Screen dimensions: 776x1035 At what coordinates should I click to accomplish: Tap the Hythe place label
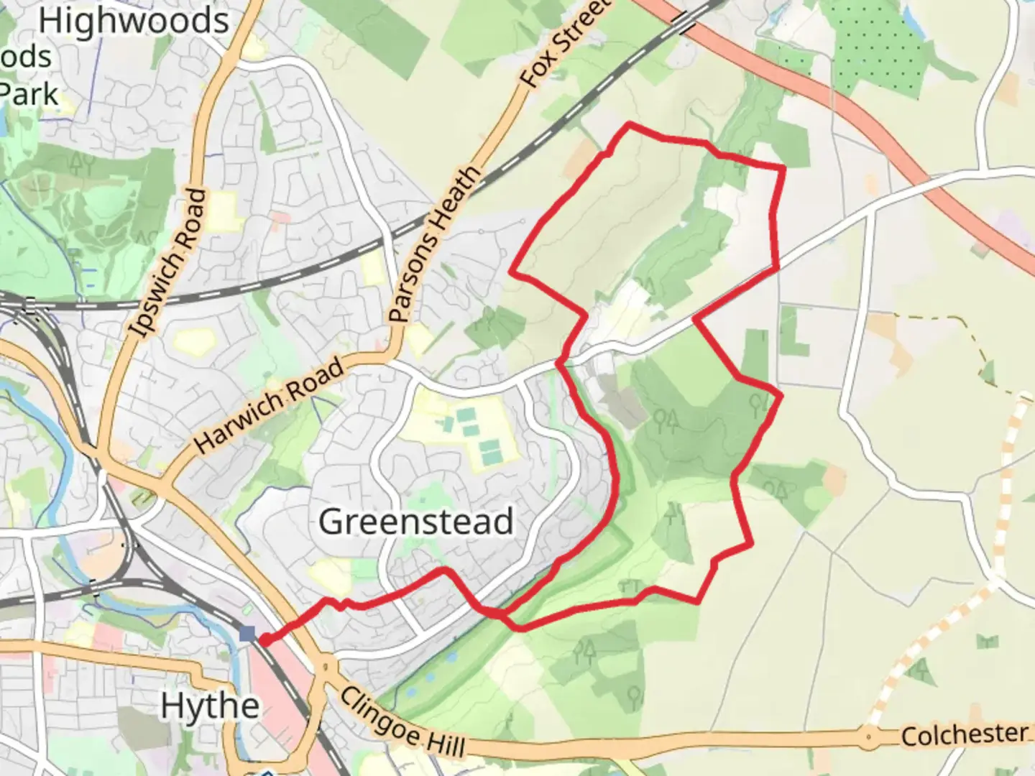click(209, 706)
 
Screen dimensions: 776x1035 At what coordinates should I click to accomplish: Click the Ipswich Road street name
click(170, 263)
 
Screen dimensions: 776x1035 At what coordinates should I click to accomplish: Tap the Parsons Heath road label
click(433, 244)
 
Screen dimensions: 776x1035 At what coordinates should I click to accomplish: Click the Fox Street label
click(565, 45)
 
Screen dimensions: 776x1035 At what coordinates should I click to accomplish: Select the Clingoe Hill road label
click(402, 722)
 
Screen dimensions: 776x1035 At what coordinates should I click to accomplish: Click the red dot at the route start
click(264, 640)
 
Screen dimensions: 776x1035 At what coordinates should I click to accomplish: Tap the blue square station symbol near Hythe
click(247, 633)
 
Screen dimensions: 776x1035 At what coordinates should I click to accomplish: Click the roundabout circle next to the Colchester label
click(869, 736)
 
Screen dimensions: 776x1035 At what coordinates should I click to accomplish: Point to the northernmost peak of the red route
click(630, 124)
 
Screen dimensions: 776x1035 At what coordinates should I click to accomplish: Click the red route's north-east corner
click(783, 168)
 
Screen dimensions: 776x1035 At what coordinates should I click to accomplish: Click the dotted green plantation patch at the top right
click(878, 47)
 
